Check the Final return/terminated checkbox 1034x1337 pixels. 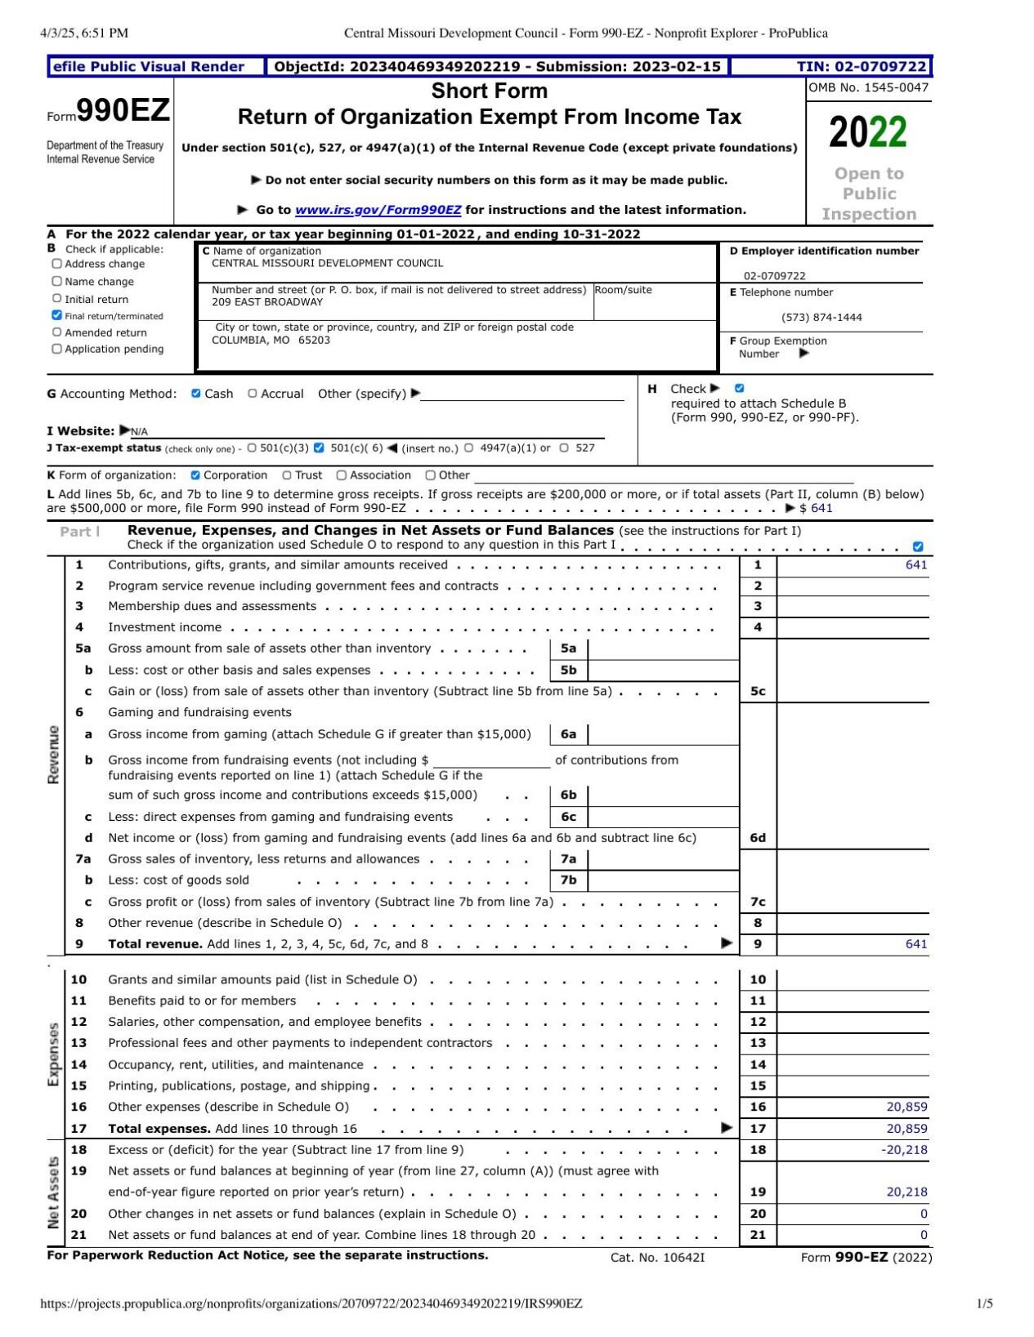point(56,315)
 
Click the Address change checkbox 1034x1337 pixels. point(56,264)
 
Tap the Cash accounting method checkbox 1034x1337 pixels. point(196,394)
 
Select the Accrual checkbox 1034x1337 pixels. point(253,394)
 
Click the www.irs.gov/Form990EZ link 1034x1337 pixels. point(378,210)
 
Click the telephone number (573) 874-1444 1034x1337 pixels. point(821,318)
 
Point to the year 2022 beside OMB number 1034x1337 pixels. point(867,132)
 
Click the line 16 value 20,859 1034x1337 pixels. point(906,1107)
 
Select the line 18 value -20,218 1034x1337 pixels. point(904,1150)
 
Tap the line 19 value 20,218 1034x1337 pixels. point(906,1192)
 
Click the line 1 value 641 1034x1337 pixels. point(915,565)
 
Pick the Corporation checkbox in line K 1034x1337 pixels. point(195,475)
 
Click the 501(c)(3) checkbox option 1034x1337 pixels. point(252,448)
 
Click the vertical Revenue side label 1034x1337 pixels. point(54,755)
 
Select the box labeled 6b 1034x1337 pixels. point(568,795)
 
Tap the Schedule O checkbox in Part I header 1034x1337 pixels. point(918,546)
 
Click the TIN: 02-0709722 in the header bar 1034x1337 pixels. point(862,67)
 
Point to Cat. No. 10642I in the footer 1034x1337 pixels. point(657,1258)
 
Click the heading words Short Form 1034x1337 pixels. point(489,91)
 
